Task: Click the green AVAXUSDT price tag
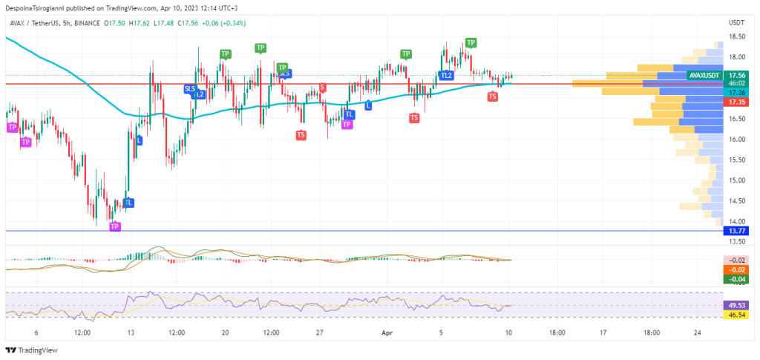pyautogui.click(x=704, y=75)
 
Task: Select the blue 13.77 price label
pyautogui.click(x=737, y=232)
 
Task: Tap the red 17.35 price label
pyautogui.click(x=737, y=102)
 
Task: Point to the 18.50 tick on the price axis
pyautogui.click(x=737, y=36)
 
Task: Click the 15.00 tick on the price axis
pyautogui.click(x=737, y=180)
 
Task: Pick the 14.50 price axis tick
pyautogui.click(x=737, y=201)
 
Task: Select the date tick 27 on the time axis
pyautogui.click(x=318, y=333)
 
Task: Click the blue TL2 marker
pyautogui.click(x=446, y=75)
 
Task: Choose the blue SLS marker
pyautogui.click(x=190, y=88)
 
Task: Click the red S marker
pyautogui.click(x=322, y=88)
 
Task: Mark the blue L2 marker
pyautogui.click(x=200, y=94)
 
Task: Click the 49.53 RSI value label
pyautogui.click(x=737, y=304)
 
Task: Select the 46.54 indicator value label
pyautogui.click(x=737, y=315)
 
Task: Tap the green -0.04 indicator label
pyautogui.click(x=737, y=279)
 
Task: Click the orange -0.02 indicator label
pyautogui.click(x=737, y=269)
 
